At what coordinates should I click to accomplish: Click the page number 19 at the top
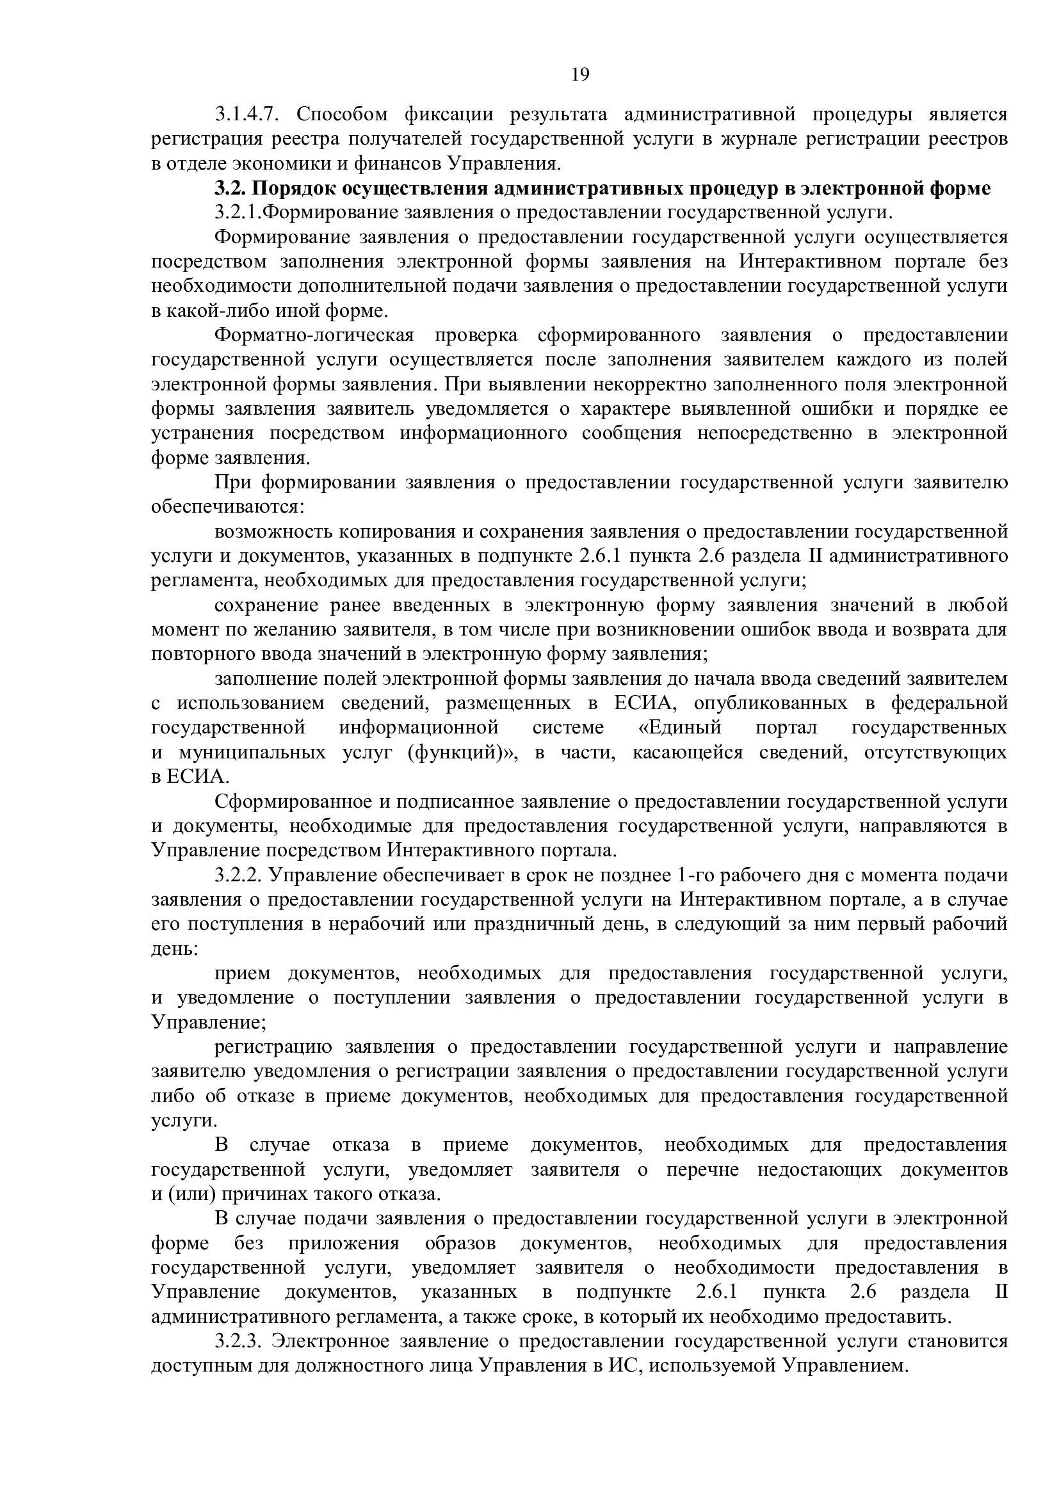point(579,75)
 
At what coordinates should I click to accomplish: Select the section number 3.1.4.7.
point(247,115)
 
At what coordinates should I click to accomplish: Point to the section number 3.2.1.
point(238,213)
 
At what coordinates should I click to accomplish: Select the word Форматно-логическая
point(314,336)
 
